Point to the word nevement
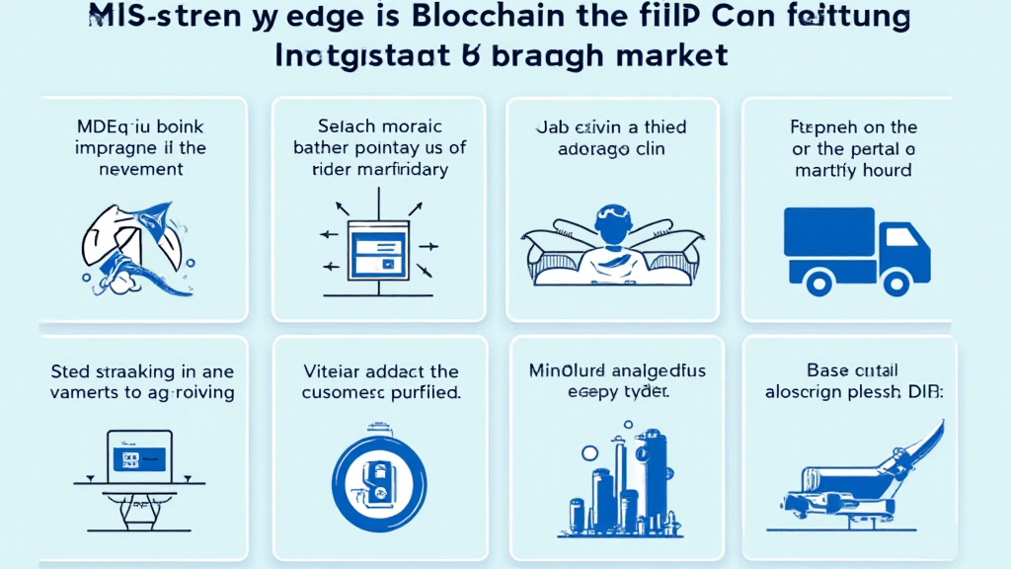pyautogui.click(x=126, y=169)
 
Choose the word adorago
pyautogui.click(x=579, y=149)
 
